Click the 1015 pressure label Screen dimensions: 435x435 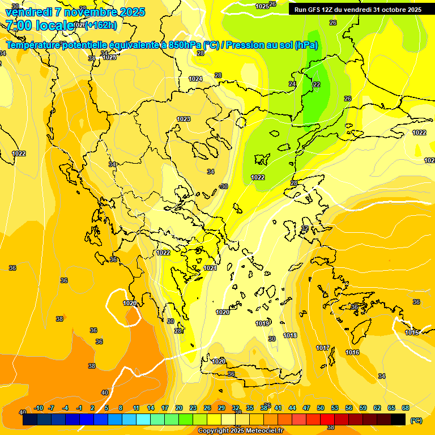pyautogui.click(x=412, y=332)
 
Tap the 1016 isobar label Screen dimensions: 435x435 pyautogui.click(x=352, y=352)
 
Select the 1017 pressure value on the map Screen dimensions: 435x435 pyautogui.click(x=323, y=347)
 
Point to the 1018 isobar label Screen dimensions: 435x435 pyautogui.click(x=290, y=335)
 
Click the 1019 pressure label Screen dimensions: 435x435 pyautogui.click(x=262, y=323)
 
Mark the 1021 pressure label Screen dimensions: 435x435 pyautogui.click(x=210, y=268)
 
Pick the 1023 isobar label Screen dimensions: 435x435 pyautogui.click(x=184, y=119)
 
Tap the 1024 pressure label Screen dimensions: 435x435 pyautogui.click(x=195, y=79)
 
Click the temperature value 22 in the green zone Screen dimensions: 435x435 pyautogui.click(x=316, y=84)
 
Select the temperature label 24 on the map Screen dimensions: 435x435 pyautogui.click(x=292, y=84)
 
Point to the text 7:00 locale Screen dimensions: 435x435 pyautogui.click(x=40, y=25)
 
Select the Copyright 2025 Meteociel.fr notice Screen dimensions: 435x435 pyautogui.click(x=241, y=430)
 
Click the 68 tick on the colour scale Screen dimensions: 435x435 pyautogui.click(x=405, y=408)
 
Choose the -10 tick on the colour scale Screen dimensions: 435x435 pyautogui.click(x=39, y=408)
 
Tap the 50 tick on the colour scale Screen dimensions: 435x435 pyautogui.click(x=321, y=408)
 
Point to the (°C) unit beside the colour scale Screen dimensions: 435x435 pyautogui.click(x=416, y=420)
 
